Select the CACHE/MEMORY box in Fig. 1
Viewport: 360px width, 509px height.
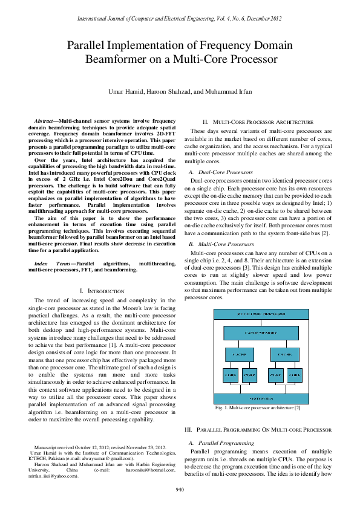click(261, 333)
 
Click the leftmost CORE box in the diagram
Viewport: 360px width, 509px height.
click(231, 375)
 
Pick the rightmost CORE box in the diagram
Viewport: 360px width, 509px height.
click(295, 375)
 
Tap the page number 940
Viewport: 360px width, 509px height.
click(180, 489)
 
